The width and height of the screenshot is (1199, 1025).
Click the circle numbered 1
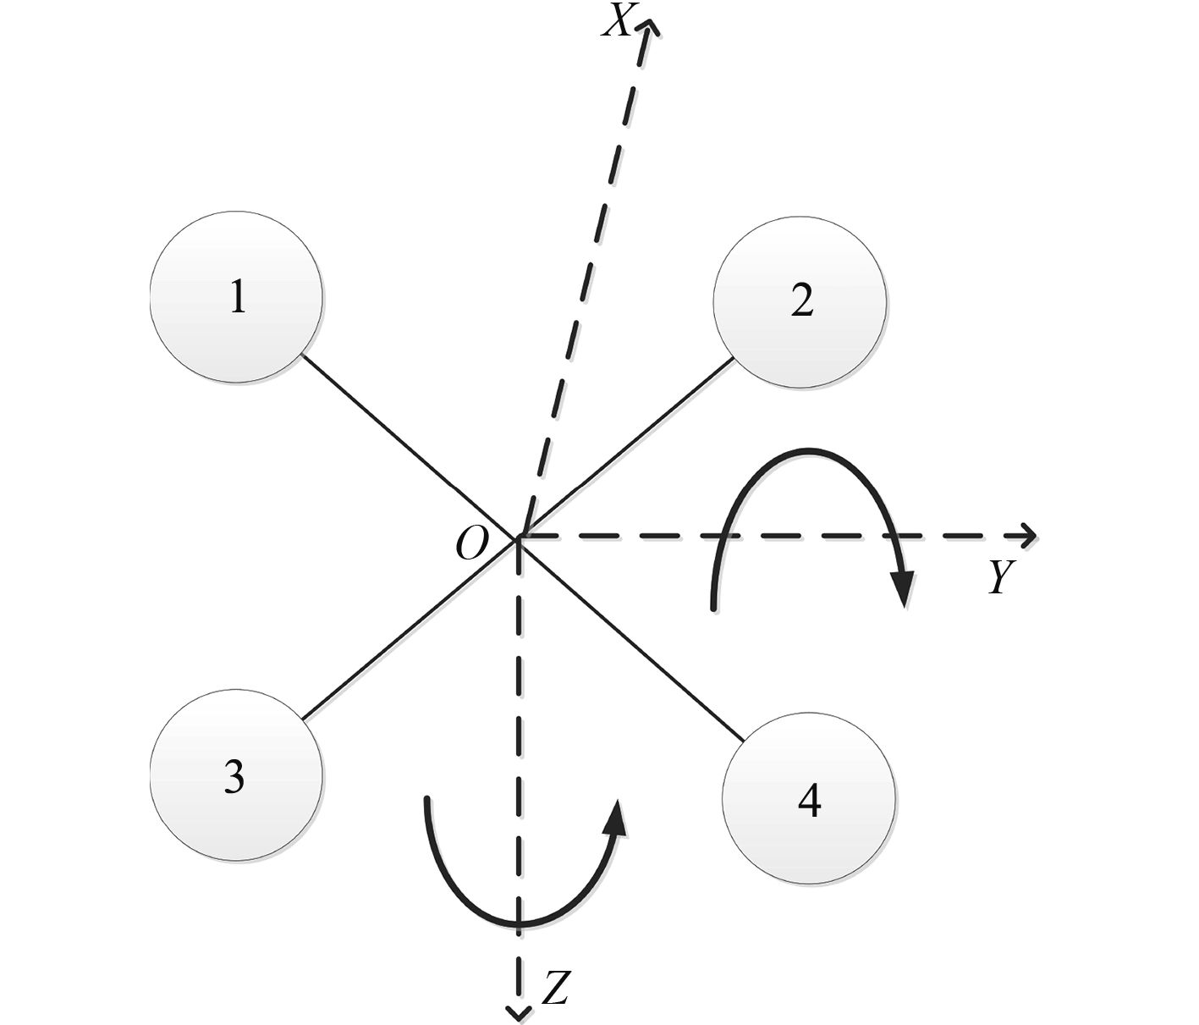(236, 298)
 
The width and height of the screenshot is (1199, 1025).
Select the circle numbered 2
(800, 302)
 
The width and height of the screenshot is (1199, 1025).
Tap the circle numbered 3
(236, 775)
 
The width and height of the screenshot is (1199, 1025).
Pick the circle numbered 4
(808, 800)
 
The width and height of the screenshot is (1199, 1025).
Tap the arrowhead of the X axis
(649, 27)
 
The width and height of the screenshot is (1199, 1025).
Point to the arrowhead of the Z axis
(517, 1011)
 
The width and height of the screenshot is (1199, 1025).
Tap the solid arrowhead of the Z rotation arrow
(619, 817)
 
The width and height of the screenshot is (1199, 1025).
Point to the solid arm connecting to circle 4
(630, 639)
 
